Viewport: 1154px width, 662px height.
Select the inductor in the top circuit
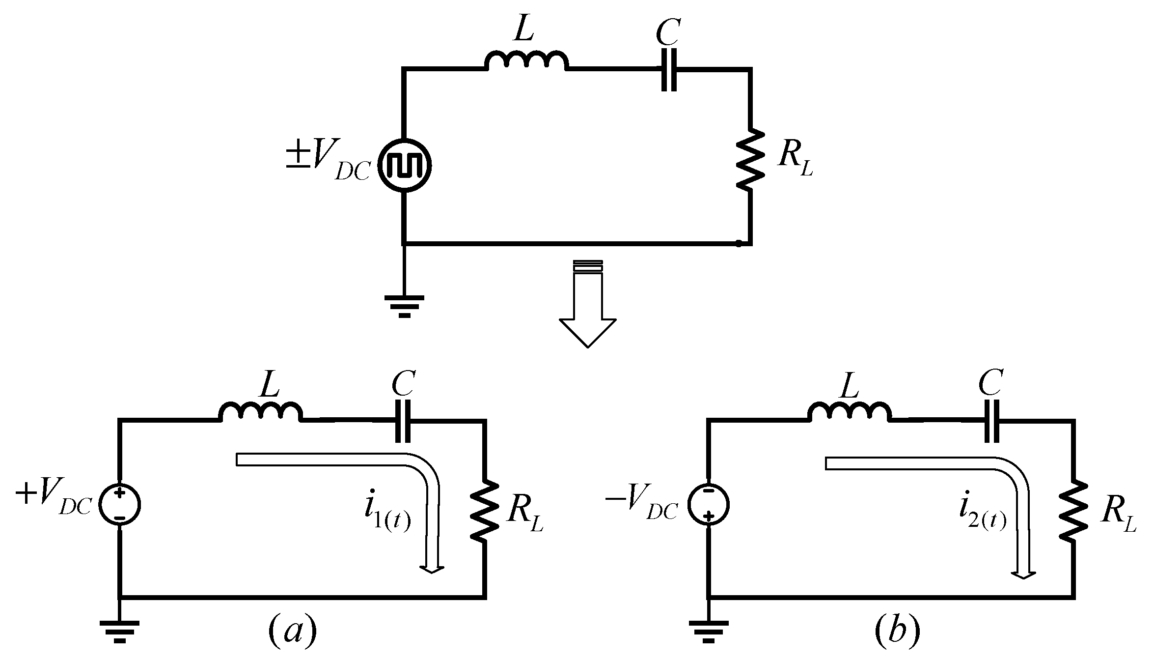coord(526,61)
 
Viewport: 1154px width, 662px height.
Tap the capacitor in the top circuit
coord(669,69)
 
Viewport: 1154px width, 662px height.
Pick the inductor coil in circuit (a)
coord(260,412)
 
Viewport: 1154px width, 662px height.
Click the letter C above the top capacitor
coord(668,32)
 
